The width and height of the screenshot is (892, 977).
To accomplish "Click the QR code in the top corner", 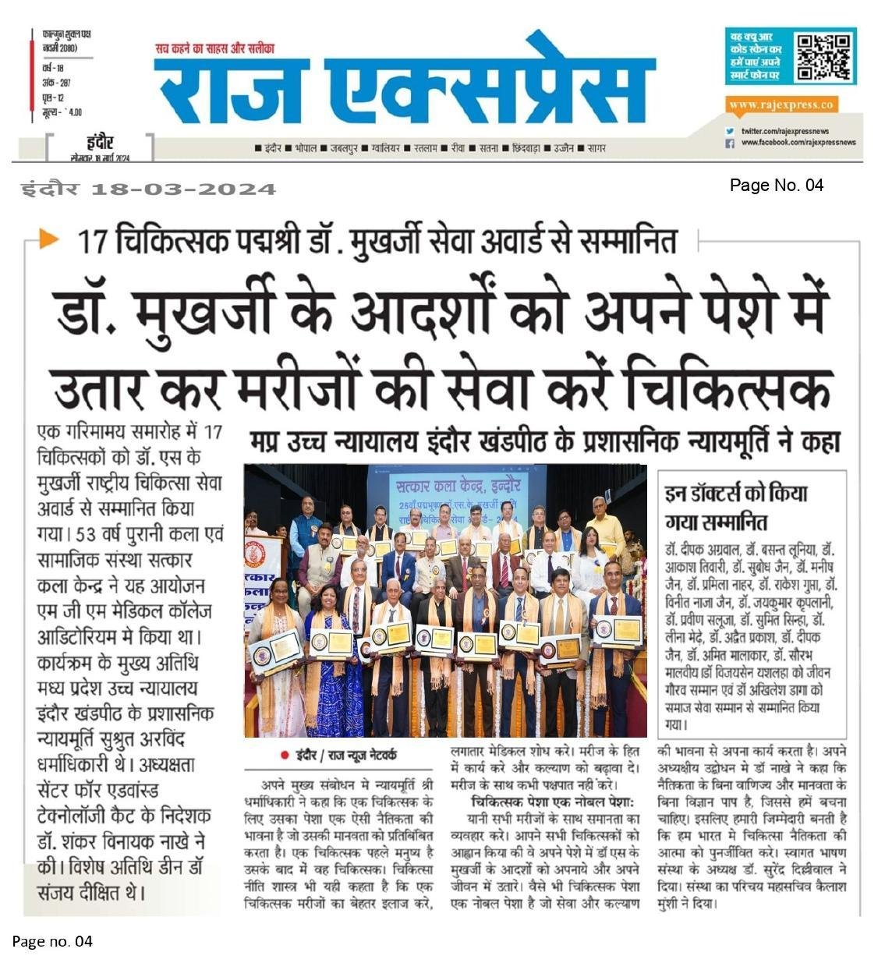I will click(x=823, y=57).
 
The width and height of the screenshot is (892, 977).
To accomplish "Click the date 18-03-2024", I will click(x=183, y=189).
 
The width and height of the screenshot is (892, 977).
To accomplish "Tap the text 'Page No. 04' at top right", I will click(x=776, y=185).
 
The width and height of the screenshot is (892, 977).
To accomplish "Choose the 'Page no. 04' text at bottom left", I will click(x=52, y=942).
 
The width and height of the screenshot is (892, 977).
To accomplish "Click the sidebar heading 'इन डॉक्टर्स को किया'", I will click(x=736, y=494).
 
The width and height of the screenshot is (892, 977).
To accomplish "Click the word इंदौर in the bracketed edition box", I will click(x=100, y=143).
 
